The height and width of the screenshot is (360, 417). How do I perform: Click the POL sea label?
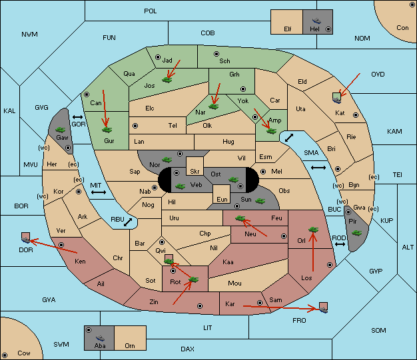point(151,11)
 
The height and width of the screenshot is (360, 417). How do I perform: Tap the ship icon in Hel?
point(316,21)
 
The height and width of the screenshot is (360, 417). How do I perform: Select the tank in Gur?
point(107,130)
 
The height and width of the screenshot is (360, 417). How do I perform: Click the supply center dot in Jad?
point(158,57)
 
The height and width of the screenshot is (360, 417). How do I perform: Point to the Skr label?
point(195,172)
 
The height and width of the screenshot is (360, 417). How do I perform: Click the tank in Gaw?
point(60,130)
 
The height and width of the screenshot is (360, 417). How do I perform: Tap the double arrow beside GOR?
point(78,117)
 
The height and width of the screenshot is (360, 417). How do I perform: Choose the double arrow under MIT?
point(99,192)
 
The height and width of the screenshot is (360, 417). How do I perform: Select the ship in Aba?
point(100,338)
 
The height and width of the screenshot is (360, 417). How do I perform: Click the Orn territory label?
point(130,345)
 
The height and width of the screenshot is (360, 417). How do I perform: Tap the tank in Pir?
point(356,233)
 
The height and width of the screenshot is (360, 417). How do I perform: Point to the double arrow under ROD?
point(340,244)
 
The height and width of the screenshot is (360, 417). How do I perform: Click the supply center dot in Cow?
point(5,355)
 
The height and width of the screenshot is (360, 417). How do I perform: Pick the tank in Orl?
point(313,230)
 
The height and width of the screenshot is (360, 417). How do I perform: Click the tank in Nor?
point(167,160)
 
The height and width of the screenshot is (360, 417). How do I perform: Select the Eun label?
point(222,199)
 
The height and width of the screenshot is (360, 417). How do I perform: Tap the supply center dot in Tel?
point(135,125)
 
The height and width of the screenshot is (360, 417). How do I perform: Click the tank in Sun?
point(260,201)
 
